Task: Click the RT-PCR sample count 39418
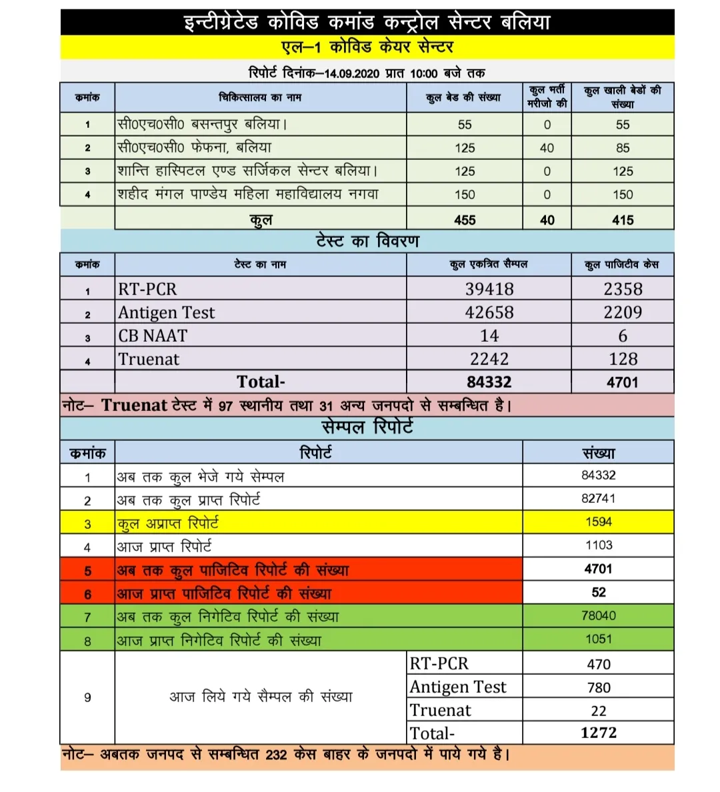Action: pos(489,289)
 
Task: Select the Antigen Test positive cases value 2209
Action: pos(623,312)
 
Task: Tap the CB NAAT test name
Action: pos(153,336)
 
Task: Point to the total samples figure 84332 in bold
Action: pos(489,382)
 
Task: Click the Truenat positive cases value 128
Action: pos(623,359)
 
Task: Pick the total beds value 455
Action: pos(465,220)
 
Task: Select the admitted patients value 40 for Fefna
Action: pos(547,148)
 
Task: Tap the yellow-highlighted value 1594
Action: pos(599,522)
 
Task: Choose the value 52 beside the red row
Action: pos(599,592)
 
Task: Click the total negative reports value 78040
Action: pos(599,615)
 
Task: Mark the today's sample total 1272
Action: pos(599,733)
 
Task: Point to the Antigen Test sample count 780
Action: pos(599,687)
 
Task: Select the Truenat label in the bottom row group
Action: pos(441,710)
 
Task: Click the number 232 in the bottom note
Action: pos(276,755)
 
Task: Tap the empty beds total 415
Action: pos(623,220)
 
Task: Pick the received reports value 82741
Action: pos(599,498)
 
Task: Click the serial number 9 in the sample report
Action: pos(87,697)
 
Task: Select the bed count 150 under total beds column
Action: pos(465,195)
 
